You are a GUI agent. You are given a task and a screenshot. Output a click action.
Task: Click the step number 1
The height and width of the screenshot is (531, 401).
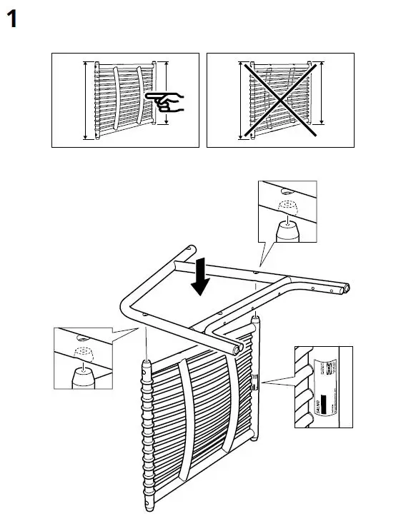point(12,19)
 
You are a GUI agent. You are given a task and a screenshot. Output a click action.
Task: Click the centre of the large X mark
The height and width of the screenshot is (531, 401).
point(279,99)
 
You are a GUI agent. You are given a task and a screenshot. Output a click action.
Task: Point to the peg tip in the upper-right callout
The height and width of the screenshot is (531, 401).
point(286,223)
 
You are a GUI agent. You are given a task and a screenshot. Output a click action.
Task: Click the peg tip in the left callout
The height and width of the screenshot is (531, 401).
point(83,369)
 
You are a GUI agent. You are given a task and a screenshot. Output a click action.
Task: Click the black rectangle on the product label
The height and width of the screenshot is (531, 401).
point(323,403)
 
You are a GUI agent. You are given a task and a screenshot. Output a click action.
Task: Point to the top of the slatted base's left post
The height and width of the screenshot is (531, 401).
point(147,364)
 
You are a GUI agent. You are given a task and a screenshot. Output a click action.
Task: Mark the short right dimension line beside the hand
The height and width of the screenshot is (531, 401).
point(167,93)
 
